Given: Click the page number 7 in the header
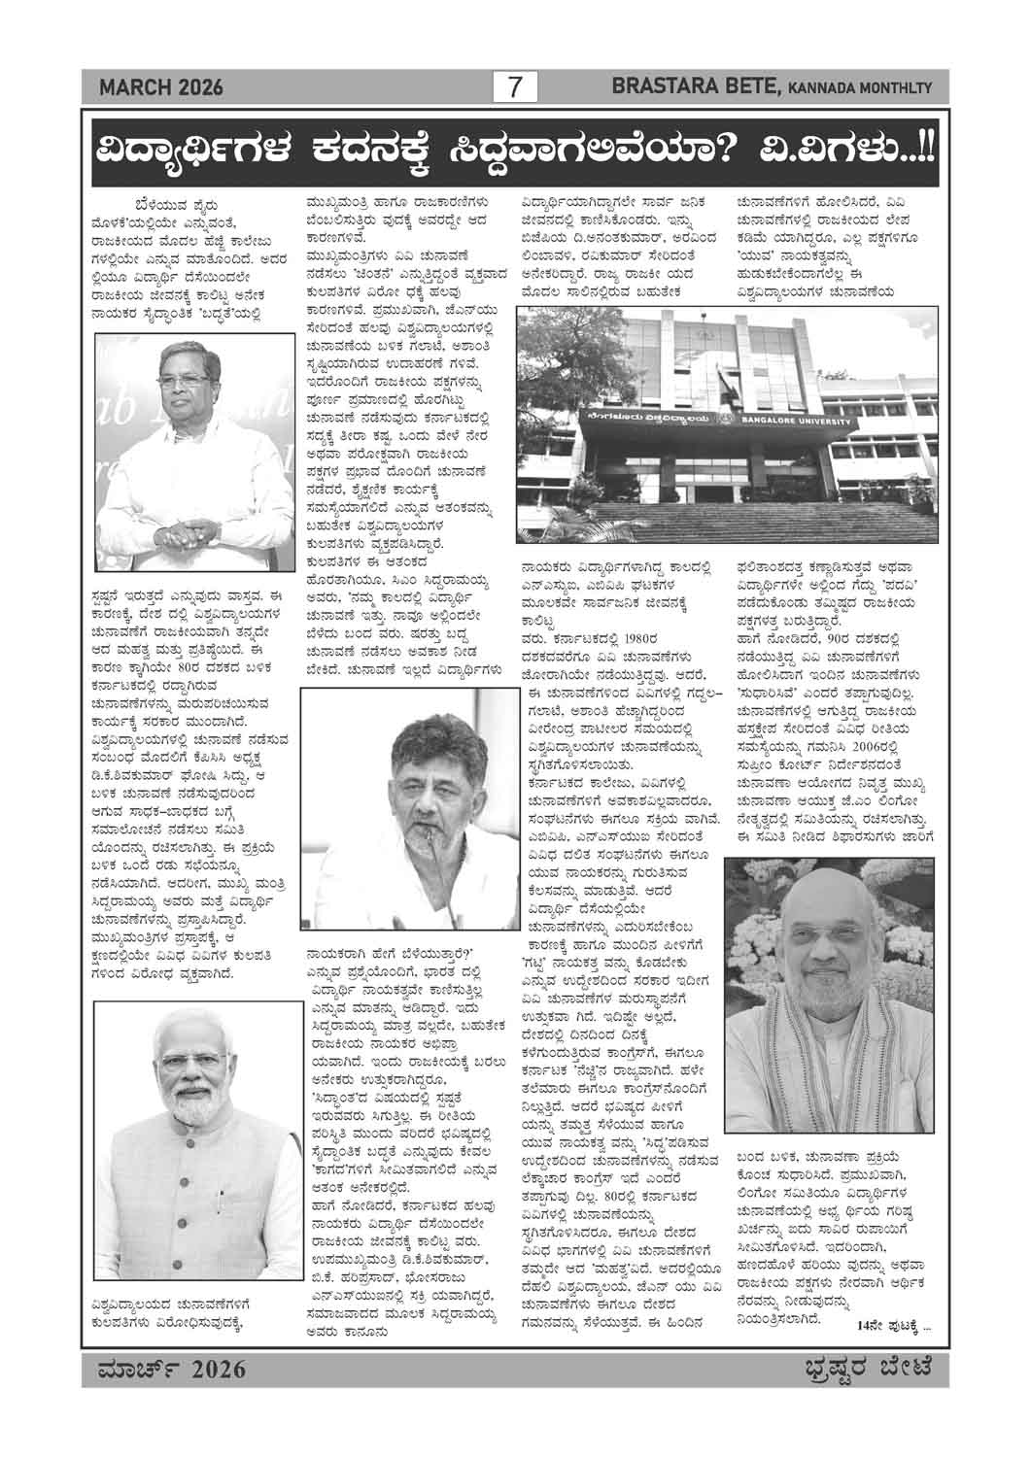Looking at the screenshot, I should (515, 87).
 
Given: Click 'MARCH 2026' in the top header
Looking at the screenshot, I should (161, 88).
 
